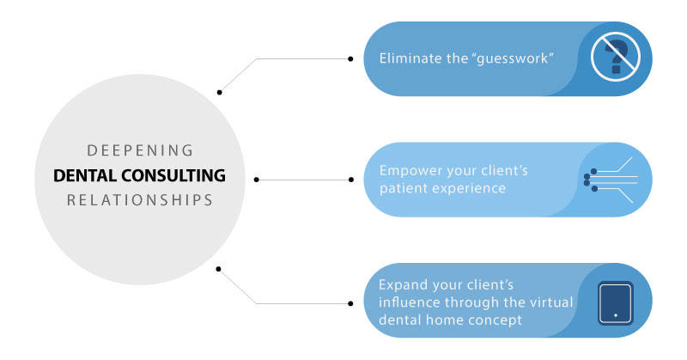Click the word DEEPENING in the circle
pos(140,150)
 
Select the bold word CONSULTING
pos(173,175)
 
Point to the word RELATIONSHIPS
pos(140,200)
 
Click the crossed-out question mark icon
pos(616,57)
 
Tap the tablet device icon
pos(616,303)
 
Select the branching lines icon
pos(611,180)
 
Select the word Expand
pos(403,285)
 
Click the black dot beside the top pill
pos(350,58)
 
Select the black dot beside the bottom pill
pos(350,303)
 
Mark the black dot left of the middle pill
pos(350,180)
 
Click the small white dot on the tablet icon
pos(616,315)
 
